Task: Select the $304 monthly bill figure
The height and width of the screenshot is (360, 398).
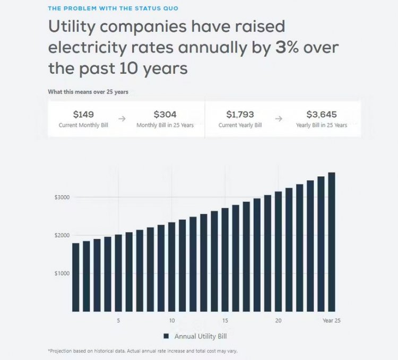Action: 165,114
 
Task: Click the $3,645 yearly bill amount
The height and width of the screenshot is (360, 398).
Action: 322,114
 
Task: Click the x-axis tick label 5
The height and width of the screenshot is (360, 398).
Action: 118,321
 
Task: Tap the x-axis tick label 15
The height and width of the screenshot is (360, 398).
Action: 225,321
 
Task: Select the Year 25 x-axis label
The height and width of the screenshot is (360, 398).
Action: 331,321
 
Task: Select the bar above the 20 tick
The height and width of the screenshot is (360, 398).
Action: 278,251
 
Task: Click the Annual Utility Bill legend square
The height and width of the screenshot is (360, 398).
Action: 166,336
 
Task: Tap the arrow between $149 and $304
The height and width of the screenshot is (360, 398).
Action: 122,119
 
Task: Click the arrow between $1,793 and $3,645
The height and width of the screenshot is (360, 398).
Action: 278,119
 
